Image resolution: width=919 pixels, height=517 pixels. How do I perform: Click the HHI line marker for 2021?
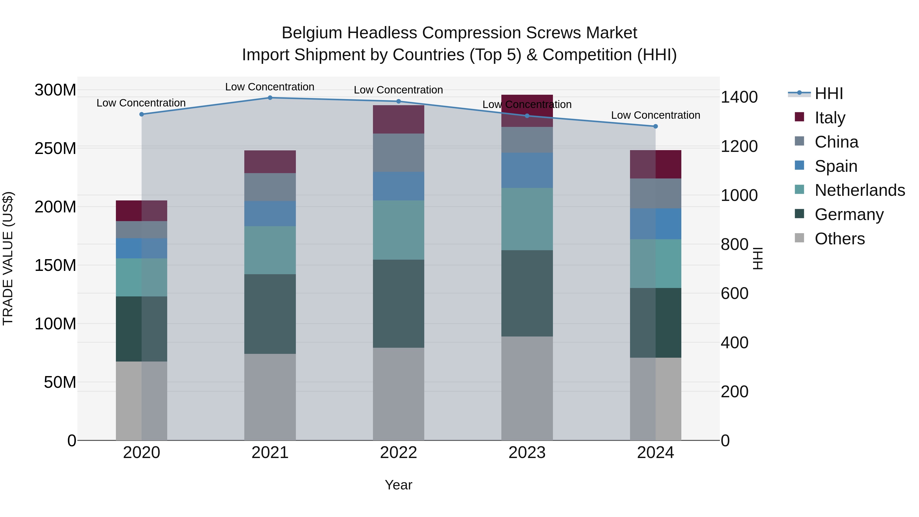click(x=270, y=98)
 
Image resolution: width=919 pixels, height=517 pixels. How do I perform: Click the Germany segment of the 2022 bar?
click(x=398, y=304)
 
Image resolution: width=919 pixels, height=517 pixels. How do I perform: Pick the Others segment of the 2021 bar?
click(x=270, y=397)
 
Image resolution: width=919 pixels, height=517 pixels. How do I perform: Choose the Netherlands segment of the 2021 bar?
click(x=270, y=250)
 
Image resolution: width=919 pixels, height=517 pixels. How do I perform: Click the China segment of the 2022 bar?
click(x=398, y=153)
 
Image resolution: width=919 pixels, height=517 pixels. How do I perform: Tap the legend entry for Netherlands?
click(x=860, y=190)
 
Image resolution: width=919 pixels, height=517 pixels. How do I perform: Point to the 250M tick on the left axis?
click(x=55, y=148)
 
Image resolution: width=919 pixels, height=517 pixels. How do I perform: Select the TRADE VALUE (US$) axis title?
click(x=8, y=258)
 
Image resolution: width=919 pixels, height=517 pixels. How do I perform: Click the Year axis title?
click(x=398, y=485)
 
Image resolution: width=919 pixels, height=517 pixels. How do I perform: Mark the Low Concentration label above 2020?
click(x=141, y=103)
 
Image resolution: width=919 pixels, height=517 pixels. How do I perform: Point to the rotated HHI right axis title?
click(x=757, y=258)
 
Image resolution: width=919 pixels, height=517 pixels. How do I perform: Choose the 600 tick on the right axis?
click(x=734, y=293)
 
